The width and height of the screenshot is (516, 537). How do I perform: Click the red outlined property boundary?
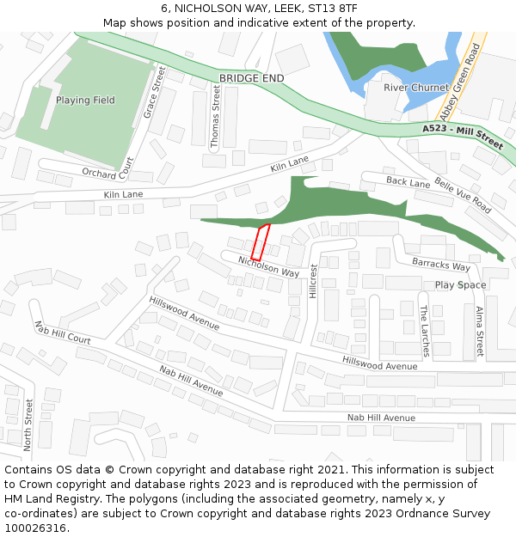260,242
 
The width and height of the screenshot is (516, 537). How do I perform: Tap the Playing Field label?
85,101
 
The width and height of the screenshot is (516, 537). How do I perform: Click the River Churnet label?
416,88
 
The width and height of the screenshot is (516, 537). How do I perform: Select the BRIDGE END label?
251,78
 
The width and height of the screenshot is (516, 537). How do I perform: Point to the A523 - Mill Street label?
463,136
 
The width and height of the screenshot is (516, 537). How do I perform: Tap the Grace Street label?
154,93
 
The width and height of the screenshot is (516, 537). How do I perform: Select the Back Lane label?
408,182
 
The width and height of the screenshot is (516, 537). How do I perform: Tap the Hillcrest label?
313,281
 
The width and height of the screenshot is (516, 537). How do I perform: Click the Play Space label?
460,285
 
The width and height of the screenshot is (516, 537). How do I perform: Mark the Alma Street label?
480,331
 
